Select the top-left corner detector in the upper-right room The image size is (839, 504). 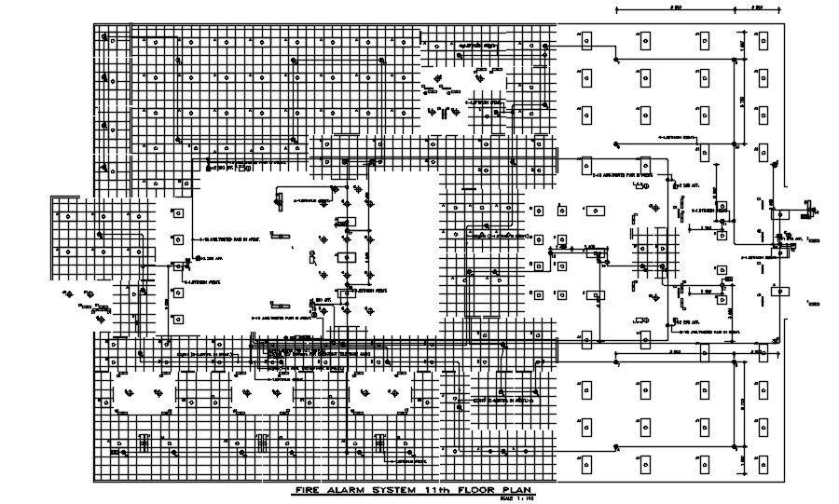[x=586, y=39]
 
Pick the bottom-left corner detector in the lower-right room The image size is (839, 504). [x=586, y=464]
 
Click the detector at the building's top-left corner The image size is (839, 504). [x=108, y=41]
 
